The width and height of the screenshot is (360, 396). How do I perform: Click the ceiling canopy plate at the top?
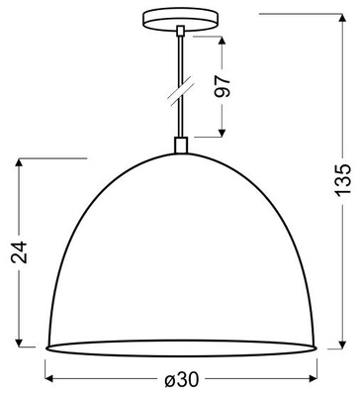pos(180,20)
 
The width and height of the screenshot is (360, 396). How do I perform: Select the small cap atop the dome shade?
pos(180,146)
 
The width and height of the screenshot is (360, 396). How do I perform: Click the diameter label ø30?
pos(180,380)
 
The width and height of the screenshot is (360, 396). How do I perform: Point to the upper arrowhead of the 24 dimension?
pos(20,163)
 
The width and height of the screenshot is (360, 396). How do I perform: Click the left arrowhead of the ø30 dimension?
pos(51,380)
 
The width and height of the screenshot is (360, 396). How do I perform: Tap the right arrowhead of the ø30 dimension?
pos(311,380)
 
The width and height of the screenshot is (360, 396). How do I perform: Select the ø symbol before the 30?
pos(168,380)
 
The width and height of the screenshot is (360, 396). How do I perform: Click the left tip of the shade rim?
pos(47,348)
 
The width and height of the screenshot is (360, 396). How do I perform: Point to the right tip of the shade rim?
pos(315,348)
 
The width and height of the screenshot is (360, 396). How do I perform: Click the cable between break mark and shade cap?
pos(180,119)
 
